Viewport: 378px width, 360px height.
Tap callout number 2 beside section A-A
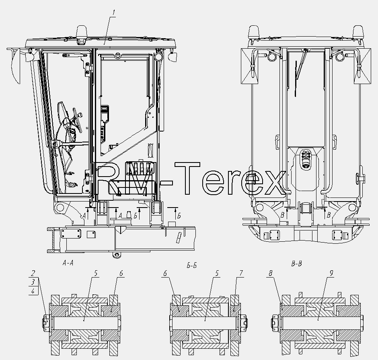coord(33,273)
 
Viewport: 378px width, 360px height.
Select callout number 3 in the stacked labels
coord(33,282)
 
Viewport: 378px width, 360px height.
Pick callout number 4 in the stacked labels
coord(33,291)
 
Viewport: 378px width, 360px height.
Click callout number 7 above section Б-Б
coord(241,273)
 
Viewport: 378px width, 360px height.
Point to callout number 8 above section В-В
coord(271,273)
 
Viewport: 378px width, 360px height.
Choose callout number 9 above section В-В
coord(331,273)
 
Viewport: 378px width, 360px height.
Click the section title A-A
coord(68,263)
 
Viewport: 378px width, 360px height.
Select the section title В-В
coord(296,264)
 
